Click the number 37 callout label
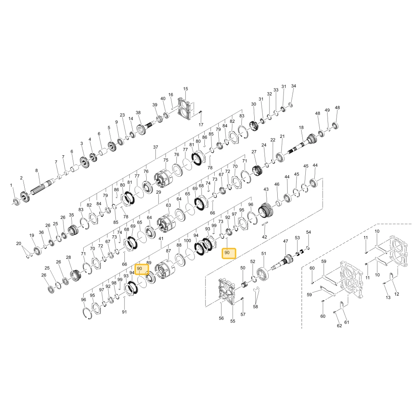tap(156, 147)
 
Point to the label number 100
tap(187, 241)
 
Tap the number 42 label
tap(265, 237)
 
